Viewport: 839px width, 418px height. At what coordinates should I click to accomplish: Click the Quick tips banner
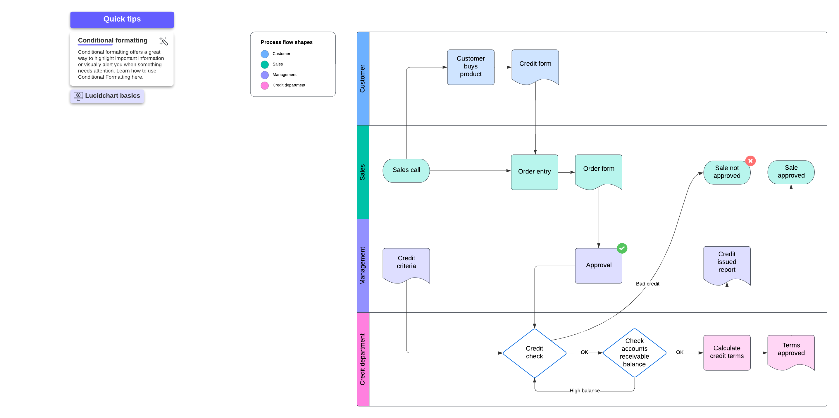pos(122,19)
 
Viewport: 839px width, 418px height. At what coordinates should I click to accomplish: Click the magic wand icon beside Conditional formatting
pos(163,41)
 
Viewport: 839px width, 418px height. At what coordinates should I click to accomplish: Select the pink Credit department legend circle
pos(264,85)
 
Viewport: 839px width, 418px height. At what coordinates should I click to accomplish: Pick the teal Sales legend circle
pos(264,65)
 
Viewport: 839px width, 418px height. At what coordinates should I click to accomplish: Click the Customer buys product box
pos(470,67)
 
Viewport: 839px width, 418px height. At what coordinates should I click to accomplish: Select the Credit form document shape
pos(535,65)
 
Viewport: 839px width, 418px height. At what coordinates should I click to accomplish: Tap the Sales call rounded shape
pos(406,170)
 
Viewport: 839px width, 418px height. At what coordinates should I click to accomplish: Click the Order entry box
pos(534,172)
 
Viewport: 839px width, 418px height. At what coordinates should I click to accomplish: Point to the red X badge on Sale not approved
pos(750,161)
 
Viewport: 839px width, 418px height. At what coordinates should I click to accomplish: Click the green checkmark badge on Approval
pos(622,248)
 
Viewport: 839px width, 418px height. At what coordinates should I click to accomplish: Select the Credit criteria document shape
pos(406,263)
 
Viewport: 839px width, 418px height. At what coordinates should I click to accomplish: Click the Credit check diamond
pos(534,352)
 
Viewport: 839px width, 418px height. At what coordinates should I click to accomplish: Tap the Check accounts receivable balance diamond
pos(634,352)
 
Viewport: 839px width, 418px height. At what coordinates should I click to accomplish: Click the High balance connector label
pos(584,391)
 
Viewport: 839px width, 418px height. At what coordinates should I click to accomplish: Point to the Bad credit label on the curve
pos(647,284)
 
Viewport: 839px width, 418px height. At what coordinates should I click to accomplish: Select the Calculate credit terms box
pos(727,352)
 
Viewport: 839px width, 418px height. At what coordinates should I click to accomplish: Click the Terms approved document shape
pos(791,350)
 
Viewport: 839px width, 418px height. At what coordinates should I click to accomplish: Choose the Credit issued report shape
pos(727,263)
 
